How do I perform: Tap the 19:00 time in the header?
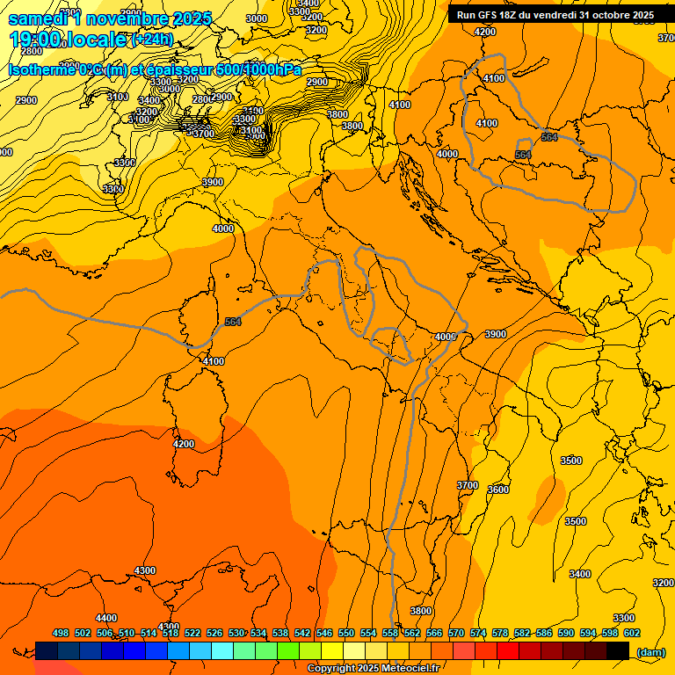[36, 40]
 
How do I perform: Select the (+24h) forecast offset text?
[151, 40]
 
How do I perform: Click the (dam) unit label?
[650, 651]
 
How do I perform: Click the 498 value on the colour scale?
[61, 633]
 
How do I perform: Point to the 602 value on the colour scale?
[632, 633]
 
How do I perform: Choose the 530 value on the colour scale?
[236, 633]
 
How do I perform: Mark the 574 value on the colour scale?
[478, 633]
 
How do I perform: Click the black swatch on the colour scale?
[618, 650]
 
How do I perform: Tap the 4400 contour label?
[106, 618]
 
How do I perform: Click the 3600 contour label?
[498, 490]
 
